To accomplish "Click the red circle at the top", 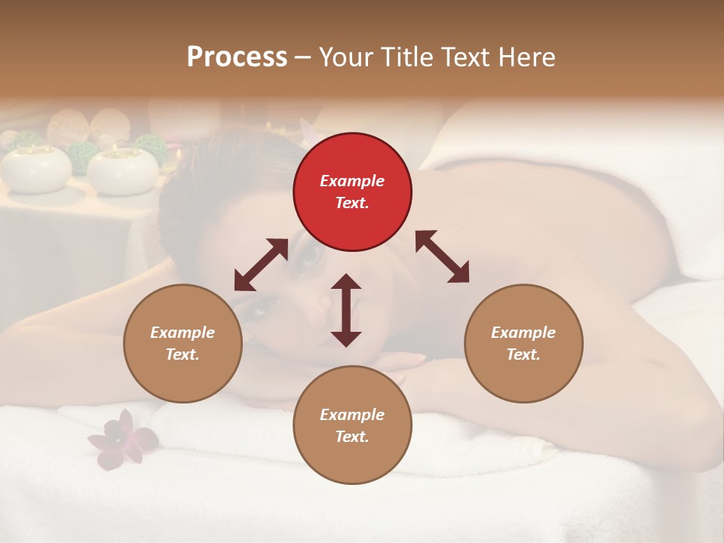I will pos(352,192).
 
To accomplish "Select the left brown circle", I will pos(183,343).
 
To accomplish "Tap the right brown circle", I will pos(523,343).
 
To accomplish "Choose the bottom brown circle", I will pos(352,425).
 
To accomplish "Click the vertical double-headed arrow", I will pos(346,310).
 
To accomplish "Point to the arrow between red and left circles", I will pos(261,265).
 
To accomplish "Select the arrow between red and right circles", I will pos(442,256).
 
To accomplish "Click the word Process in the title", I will pos(237,57).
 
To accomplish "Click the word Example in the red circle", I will pos(352,181).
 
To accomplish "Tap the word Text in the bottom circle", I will pos(352,437).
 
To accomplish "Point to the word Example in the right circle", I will pos(523,333).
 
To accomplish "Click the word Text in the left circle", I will pos(183,354).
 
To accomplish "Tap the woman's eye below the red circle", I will pos(311,256).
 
